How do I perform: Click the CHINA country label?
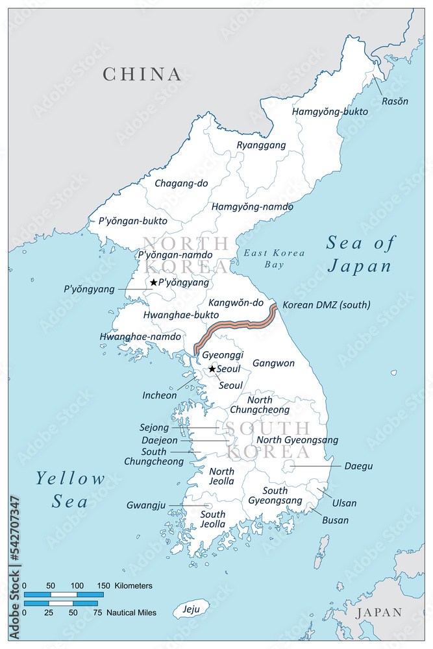pyautogui.click(x=142, y=74)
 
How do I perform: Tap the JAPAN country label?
pyautogui.click(x=378, y=612)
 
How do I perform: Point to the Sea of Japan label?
pyautogui.click(x=360, y=254)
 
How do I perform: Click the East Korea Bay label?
pyautogui.click(x=266, y=258)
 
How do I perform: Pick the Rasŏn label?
pyautogui.click(x=395, y=101)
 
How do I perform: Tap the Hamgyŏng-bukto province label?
pyautogui.click(x=330, y=112)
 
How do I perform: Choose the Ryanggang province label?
pyautogui.click(x=261, y=145)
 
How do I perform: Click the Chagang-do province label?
pyautogui.click(x=181, y=184)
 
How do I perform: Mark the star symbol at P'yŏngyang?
pyautogui.click(x=153, y=282)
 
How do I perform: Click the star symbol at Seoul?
pyautogui.click(x=212, y=369)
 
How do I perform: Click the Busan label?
pyautogui.click(x=335, y=520)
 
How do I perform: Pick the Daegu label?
pyautogui.click(x=358, y=466)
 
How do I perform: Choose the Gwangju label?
pyautogui.click(x=147, y=505)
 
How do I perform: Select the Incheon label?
pyautogui.click(x=159, y=395)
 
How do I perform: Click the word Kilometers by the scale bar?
pyautogui.click(x=133, y=585)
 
